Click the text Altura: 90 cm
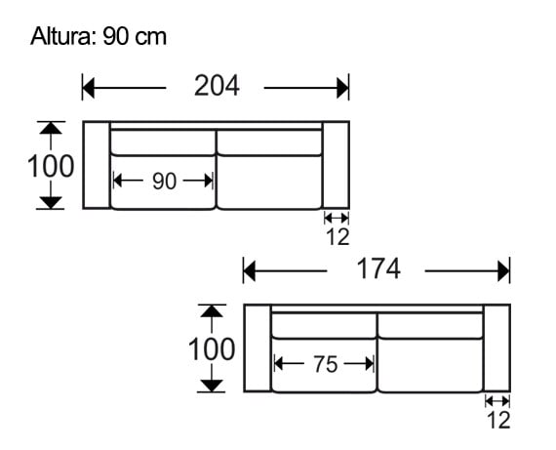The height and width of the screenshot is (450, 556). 99,37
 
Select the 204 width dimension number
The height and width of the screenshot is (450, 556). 217,87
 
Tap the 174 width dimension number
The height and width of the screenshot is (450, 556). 377,269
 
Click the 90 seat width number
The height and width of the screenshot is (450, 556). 164,181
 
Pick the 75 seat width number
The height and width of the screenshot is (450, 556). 325,364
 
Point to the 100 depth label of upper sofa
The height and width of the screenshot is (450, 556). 51,166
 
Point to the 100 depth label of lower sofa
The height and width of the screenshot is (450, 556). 212,348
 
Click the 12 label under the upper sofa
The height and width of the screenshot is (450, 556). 337,237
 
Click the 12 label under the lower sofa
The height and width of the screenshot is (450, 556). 497,421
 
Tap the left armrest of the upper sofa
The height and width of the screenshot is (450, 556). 96,165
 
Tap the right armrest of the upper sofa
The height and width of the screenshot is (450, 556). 336,165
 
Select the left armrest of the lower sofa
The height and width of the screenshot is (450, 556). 257,348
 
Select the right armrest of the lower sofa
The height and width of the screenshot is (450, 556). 497,348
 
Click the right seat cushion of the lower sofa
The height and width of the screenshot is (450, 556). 430,364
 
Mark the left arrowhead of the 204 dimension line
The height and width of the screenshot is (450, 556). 88,88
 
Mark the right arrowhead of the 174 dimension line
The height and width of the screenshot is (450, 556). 504,270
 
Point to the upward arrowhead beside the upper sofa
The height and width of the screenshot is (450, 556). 52,128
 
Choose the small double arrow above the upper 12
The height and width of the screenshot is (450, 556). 336,218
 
